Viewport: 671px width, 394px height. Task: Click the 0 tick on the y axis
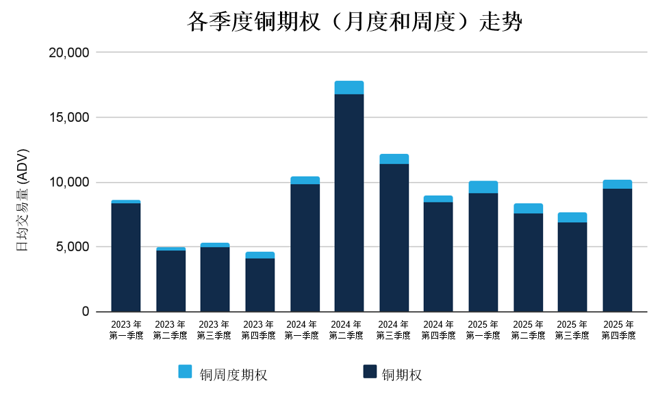(x=86, y=312)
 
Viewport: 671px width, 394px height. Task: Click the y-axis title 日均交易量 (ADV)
(x=22, y=200)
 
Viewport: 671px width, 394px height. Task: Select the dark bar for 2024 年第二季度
(x=349, y=203)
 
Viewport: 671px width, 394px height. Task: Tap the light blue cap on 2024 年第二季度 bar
(x=349, y=88)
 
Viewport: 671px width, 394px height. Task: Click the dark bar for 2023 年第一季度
(x=126, y=258)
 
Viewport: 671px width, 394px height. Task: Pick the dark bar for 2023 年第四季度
(x=260, y=285)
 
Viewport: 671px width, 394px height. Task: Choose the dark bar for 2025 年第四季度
(x=617, y=250)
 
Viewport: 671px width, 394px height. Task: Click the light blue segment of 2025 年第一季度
(x=483, y=187)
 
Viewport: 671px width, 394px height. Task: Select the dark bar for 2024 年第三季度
(x=394, y=238)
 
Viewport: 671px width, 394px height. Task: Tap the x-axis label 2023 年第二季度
(x=170, y=330)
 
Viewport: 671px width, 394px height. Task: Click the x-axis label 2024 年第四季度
(x=438, y=330)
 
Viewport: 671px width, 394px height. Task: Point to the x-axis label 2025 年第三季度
(x=572, y=330)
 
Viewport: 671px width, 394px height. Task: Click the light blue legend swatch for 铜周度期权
(x=186, y=371)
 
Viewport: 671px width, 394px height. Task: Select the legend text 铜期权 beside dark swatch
(x=402, y=374)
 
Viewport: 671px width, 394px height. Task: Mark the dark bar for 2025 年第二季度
(x=528, y=263)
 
